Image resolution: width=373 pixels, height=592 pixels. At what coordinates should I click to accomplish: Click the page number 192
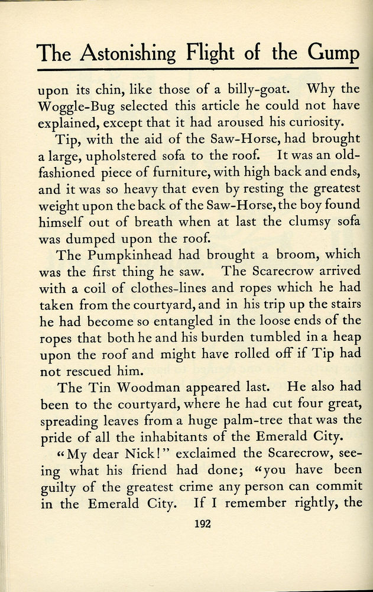click(x=203, y=523)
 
